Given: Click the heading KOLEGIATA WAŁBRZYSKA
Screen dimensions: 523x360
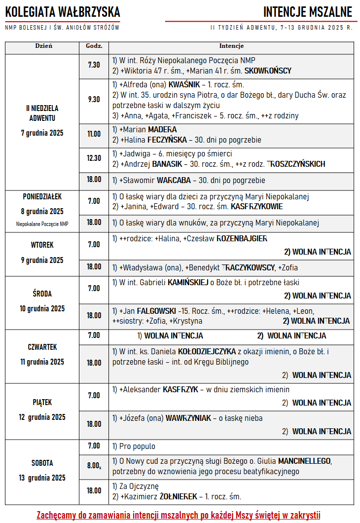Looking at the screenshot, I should click(63, 11).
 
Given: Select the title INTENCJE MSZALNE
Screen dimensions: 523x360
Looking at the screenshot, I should click(308, 11).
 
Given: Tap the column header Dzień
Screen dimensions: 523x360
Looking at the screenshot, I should click(43, 46).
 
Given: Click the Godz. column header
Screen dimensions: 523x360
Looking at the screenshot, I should click(94, 46).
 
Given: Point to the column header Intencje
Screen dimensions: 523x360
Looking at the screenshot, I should click(231, 46).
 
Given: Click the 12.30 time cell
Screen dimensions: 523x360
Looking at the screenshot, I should click(94, 158).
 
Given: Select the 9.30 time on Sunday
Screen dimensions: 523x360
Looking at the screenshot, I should click(94, 99).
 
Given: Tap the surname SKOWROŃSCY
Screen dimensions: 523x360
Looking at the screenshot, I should click(268, 71).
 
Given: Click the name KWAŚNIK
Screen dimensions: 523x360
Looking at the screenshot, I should click(184, 84).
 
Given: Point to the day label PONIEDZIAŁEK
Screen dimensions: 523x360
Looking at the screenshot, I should click(42, 197).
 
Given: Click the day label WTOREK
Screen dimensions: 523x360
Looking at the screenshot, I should click(42, 245).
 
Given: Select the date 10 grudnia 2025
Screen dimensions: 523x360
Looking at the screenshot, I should click(42, 309).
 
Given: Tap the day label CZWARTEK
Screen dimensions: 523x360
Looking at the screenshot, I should click(42, 347).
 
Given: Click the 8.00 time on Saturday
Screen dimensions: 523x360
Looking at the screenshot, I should click(94, 465).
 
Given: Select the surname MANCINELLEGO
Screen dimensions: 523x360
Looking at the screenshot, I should click(305, 461).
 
